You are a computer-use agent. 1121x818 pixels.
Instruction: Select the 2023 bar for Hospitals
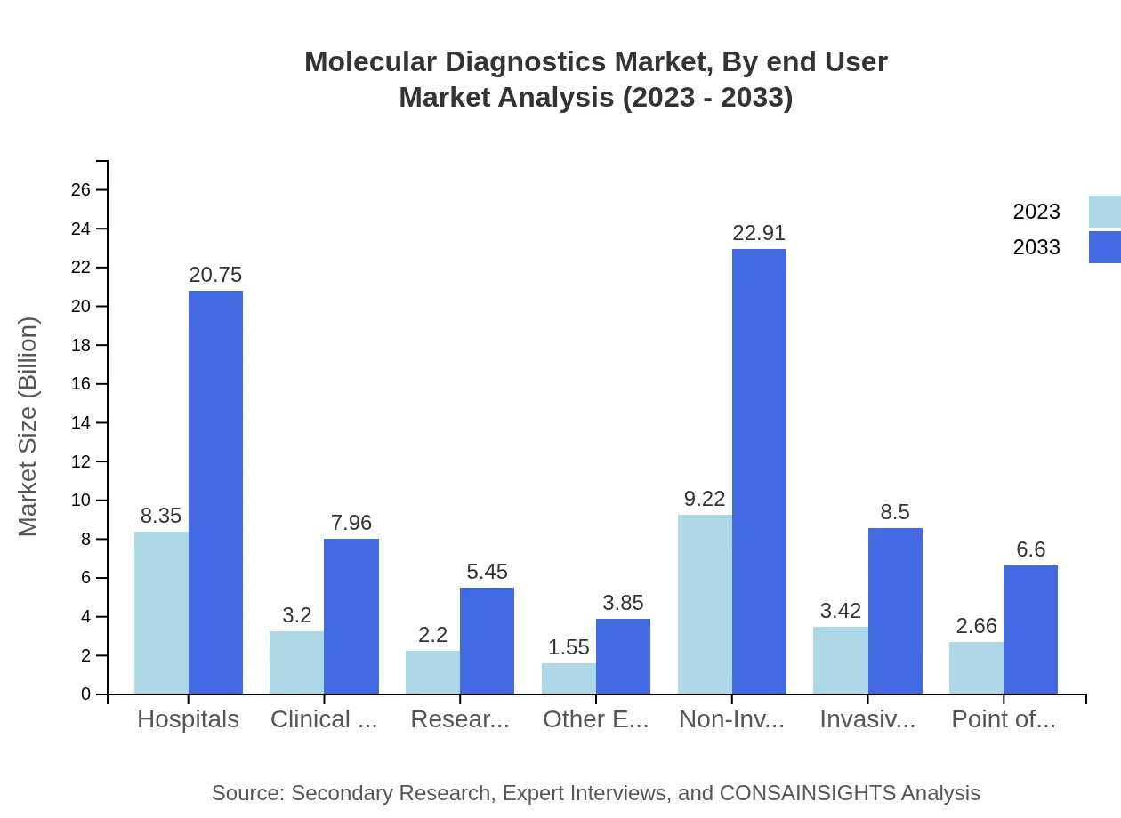(x=161, y=613)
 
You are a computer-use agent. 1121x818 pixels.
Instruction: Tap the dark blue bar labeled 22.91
(x=759, y=471)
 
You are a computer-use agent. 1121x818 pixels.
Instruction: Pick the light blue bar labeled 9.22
(x=705, y=604)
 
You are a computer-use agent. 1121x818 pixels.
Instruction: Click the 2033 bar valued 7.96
(x=351, y=616)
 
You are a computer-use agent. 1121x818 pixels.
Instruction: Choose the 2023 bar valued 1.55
(x=569, y=678)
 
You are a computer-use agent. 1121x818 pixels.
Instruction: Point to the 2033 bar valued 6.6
(x=1030, y=630)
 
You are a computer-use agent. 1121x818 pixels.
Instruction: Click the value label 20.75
(x=215, y=276)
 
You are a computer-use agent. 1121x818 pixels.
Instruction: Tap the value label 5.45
(x=487, y=573)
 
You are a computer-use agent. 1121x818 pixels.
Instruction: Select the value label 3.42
(x=840, y=612)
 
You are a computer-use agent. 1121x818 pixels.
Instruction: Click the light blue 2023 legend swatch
(x=1104, y=212)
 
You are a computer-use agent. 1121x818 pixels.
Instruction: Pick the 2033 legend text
(x=1036, y=247)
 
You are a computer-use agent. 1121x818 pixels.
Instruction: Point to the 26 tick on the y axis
(x=81, y=190)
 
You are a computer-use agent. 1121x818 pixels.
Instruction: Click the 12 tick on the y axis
(x=81, y=461)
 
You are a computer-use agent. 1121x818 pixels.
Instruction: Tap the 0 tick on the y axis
(x=85, y=694)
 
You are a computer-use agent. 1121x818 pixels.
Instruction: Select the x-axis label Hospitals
(x=188, y=719)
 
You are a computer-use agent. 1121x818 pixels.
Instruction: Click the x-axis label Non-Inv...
(x=731, y=719)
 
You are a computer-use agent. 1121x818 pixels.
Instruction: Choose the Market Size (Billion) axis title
(x=28, y=427)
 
